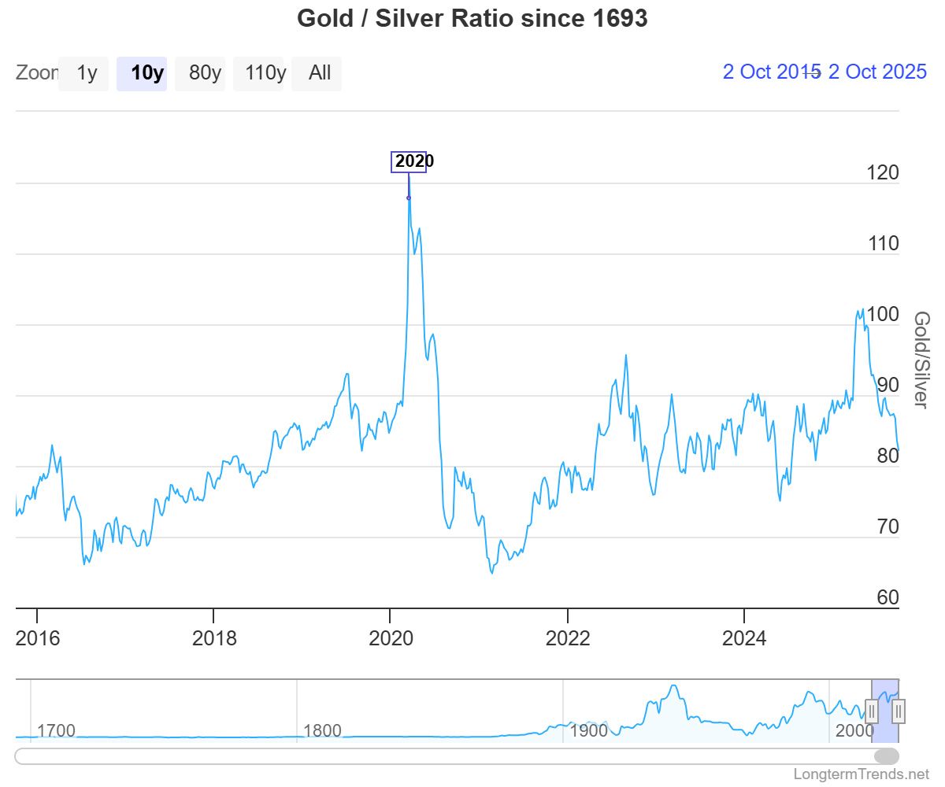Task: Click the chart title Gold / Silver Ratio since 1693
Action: [x=472, y=18]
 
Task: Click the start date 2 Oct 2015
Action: [x=770, y=72]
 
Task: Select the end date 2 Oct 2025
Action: [x=877, y=72]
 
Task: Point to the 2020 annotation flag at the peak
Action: [x=409, y=161]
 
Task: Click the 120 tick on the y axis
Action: [x=882, y=172]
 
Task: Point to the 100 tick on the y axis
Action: [x=882, y=314]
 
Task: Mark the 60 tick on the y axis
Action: [x=887, y=597]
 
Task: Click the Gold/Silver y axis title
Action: [x=921, y=360]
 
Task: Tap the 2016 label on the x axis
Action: [x=37, y=637]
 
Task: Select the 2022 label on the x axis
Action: [x=568, y=637]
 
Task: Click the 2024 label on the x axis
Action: [x=744, y=637]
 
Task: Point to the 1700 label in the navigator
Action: [x=56, y=730]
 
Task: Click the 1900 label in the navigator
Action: [x=588, y=730]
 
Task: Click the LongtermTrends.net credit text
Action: [x=861, y=774]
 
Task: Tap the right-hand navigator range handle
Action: [x=899, y=711]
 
